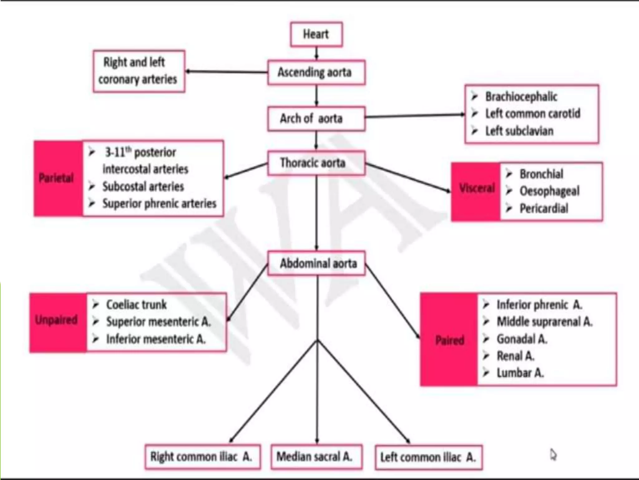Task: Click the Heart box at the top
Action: point(316,34)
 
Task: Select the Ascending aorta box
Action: point(316,72)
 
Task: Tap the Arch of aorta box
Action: point(316,119)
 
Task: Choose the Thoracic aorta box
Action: point(316,163)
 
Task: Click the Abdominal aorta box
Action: point(316,263)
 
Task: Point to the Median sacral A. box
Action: point(316,457)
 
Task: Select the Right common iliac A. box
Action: point(203,457)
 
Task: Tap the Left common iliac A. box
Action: point(429,457)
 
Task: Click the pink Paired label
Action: point(449,339)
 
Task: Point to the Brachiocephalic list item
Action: point(515,97)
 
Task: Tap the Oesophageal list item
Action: point(543,191)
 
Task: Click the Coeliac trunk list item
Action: point(130,305)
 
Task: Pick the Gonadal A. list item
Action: point(515,339)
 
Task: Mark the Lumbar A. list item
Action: point(513,373)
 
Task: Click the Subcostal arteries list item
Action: point(136,187)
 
